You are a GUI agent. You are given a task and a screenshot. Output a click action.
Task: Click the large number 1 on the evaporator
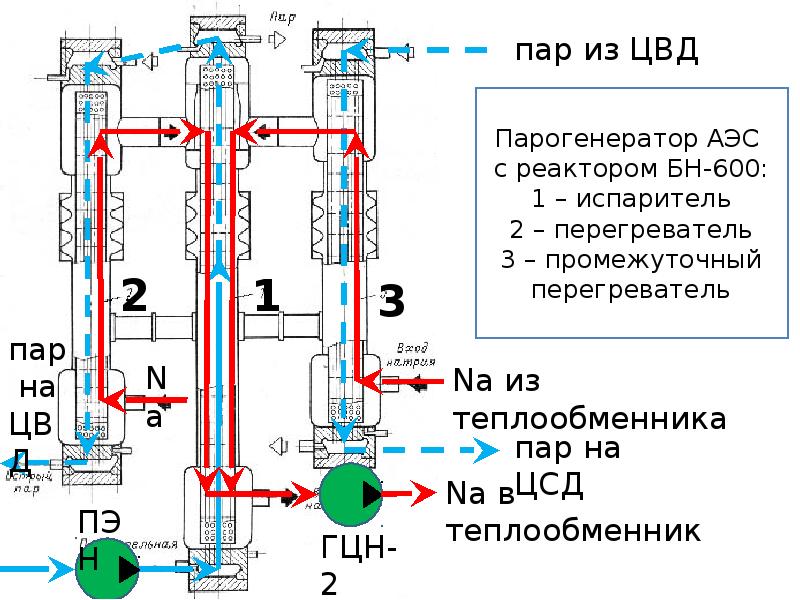[266, 297]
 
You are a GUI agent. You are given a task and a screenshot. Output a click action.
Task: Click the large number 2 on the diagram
[135, 294]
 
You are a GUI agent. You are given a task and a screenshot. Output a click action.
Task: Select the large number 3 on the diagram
[392, 301]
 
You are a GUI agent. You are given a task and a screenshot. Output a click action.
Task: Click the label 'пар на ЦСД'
[566, 466]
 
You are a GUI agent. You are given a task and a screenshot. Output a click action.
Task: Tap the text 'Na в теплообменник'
[570, 511]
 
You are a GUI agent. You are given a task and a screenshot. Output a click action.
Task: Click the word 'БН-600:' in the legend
[719, 167]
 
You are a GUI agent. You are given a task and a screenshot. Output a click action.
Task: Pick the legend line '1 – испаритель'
[631, 198]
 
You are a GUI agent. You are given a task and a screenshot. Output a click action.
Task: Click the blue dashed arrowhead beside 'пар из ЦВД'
[394, 47]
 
